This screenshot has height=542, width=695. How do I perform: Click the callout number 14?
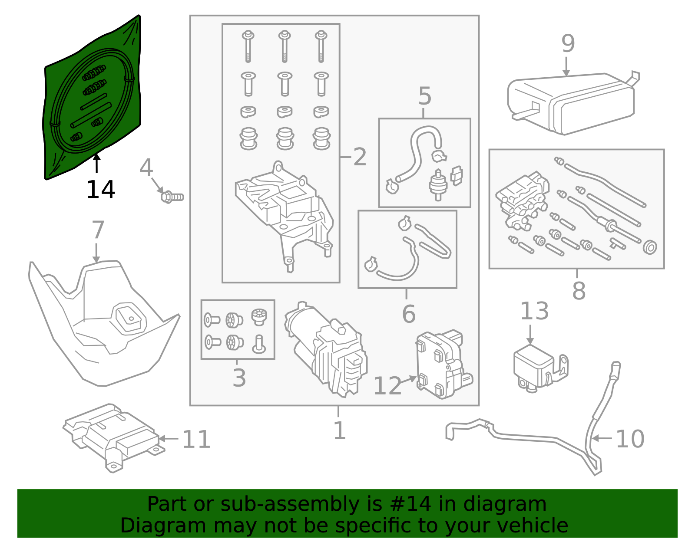100,190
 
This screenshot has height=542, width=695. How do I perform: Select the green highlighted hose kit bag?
93,98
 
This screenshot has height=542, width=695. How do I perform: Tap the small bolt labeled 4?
172,197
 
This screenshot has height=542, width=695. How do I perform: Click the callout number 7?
98,230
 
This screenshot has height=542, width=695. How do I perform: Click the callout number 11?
196,439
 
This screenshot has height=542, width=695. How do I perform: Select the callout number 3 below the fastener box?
239,378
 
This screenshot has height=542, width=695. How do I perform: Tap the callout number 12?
387,386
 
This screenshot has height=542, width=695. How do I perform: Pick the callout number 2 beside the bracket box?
360,157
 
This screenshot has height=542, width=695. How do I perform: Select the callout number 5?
424,96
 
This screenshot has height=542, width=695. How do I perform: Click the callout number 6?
408,314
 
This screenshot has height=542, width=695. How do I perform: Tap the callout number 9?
568,43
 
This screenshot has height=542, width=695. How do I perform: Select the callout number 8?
579,291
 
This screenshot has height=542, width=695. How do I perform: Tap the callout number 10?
630,439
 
